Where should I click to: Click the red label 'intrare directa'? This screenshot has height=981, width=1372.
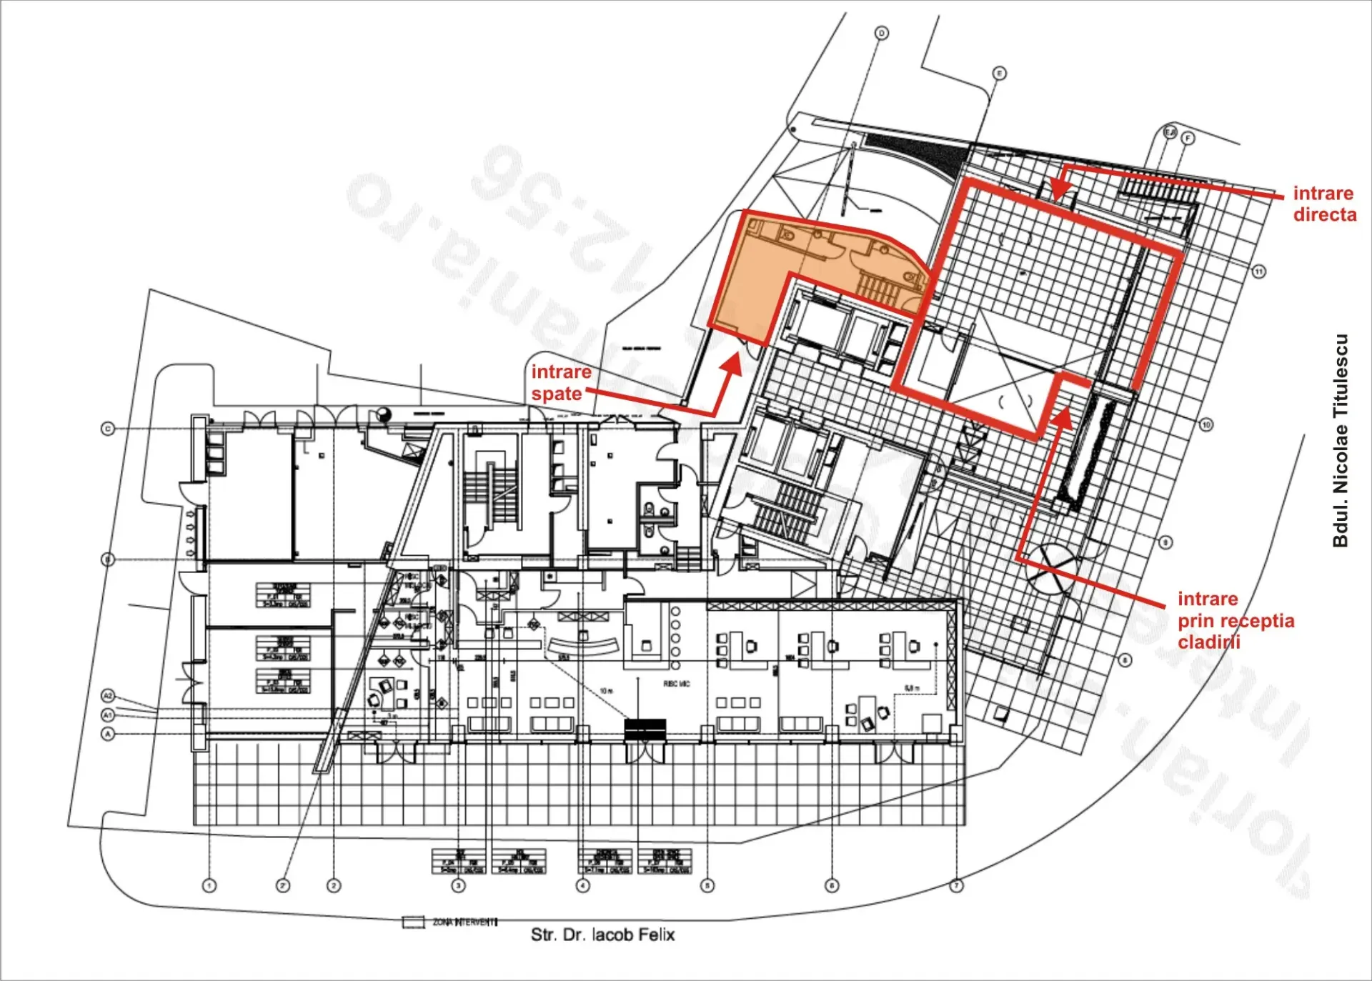pos(1324,204)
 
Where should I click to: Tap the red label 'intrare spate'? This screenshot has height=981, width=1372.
pos(560,382)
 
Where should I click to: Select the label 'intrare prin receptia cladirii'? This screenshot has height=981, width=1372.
pos(1236,620)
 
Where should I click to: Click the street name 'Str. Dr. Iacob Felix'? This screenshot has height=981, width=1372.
pos(602,935)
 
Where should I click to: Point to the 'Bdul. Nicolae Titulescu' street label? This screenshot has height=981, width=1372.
pos(1340,441)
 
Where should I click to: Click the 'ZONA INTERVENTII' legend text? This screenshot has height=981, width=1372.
pos(464,922)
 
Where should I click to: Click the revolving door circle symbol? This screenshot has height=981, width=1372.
pos(1050,569)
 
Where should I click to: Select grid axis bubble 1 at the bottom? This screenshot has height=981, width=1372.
pos(209,886)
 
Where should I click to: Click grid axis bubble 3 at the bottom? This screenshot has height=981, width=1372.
pos(459,886)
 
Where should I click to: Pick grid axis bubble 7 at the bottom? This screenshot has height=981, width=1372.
pos(956,886)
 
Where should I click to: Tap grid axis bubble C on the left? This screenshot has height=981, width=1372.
pos(108,429)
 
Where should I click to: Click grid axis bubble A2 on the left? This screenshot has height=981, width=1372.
pos(108,695)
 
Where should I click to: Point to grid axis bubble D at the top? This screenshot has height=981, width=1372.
pos(882,34)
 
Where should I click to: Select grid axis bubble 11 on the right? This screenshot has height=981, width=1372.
pos(1258,272)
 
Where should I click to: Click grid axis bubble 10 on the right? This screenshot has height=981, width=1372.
pos(1206,425)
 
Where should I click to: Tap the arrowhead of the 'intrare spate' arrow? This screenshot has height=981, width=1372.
pos(733,362)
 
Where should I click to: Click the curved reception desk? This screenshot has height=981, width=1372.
pos(582,647)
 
